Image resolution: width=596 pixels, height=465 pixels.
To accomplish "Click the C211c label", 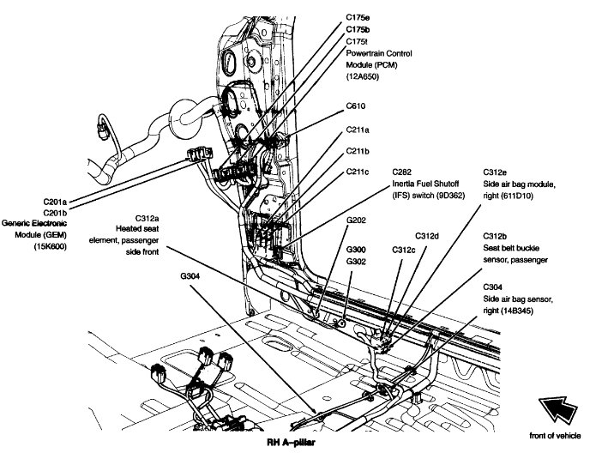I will pyautogui.click(x=358, y=172).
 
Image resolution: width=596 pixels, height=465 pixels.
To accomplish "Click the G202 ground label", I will pyautogui.click(x=357, y=220).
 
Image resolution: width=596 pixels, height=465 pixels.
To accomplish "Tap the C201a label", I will pyautogui.click(x=57, y=202).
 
